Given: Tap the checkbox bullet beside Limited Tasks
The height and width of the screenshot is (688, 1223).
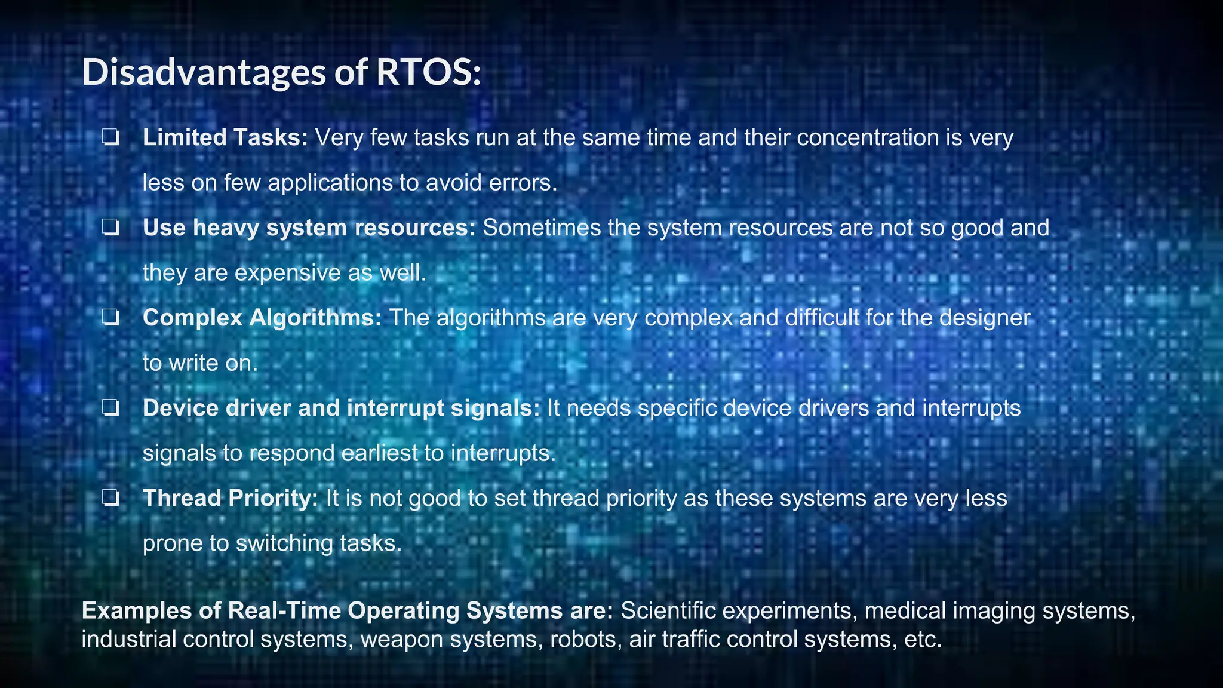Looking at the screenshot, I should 110,139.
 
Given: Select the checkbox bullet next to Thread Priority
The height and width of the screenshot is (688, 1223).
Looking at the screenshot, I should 110,499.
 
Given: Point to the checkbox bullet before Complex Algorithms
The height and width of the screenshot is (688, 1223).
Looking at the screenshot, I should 110,318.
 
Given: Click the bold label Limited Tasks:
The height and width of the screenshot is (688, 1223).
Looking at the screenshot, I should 225,138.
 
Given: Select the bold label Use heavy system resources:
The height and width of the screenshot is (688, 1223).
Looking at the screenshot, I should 309,228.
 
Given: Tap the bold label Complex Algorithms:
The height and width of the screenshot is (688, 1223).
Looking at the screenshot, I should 262,318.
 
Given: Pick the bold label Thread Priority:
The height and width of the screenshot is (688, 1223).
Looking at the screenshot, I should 230,499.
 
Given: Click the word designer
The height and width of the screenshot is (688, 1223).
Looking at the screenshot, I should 985,318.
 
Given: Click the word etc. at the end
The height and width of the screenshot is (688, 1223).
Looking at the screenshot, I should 923,640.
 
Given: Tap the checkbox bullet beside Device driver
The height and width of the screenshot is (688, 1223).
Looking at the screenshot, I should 110,408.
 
